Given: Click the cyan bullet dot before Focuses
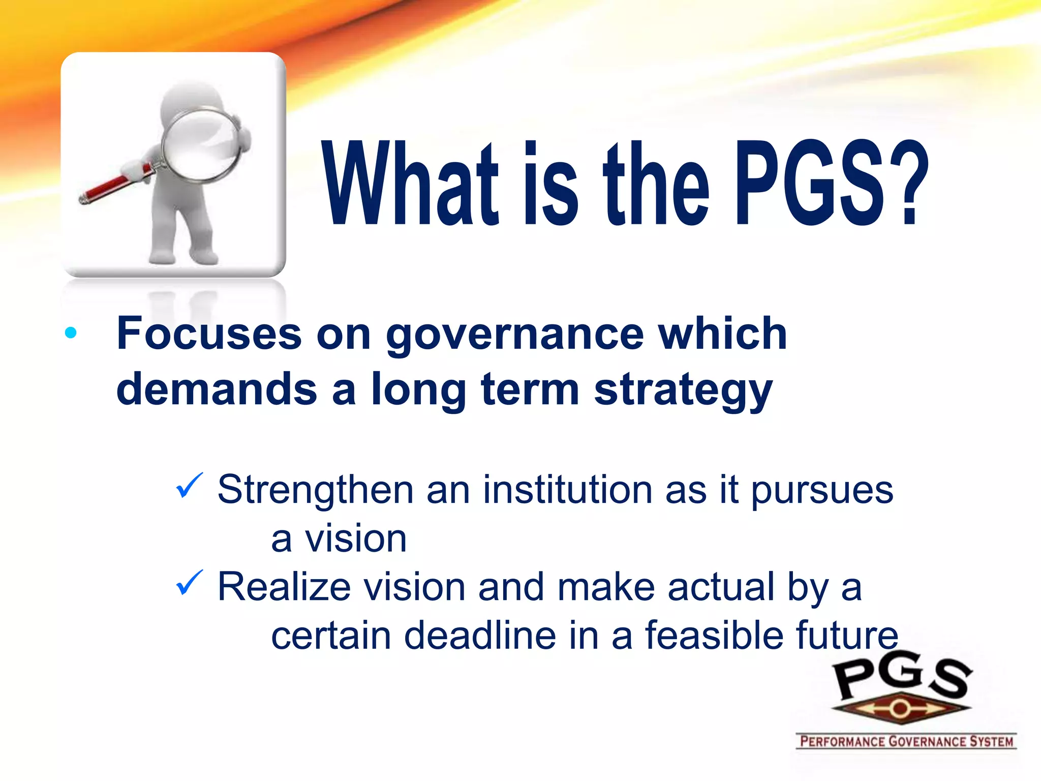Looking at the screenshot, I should (71, 334).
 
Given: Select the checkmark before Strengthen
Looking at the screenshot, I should (189, 486).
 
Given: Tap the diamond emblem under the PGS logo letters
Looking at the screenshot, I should (900, 708).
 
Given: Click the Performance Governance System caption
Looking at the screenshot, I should (906, 741).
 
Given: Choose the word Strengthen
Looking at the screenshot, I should (315, 491).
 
